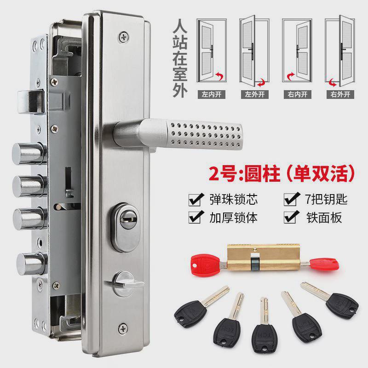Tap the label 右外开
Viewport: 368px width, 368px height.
341,95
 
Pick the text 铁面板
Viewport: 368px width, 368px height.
324,217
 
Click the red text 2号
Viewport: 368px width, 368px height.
222,175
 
